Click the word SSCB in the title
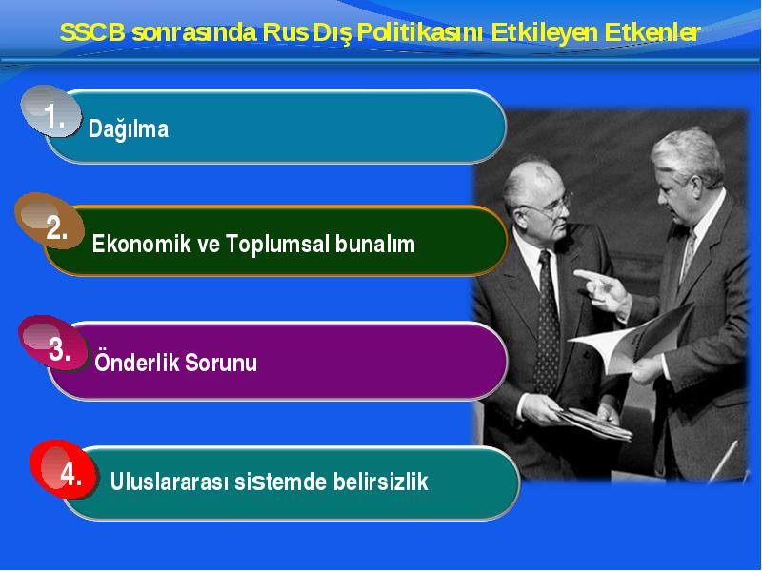[92, 32]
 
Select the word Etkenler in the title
[652, 32]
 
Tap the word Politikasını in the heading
[420, 32]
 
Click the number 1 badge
[51, 111]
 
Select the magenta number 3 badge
[53, 344]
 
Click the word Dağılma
[129, 129]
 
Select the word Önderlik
[137, 362]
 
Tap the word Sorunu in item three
[221, 363]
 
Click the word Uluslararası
[170, 482]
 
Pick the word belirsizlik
[380, 482]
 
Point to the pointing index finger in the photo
[587, 276]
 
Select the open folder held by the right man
[632, 339]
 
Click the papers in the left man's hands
[592, 423]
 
